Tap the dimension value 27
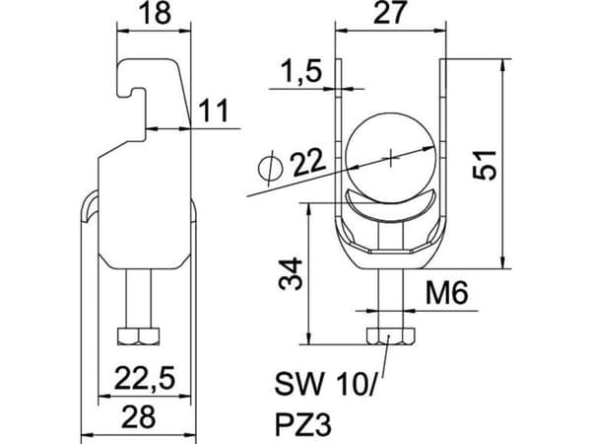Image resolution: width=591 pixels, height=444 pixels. pyautogui.click(x=390, y=12)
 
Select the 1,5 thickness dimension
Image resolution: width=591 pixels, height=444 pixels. pyautogui.click(x=301, y=71)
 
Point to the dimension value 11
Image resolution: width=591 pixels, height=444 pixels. pyautogui.click(x=214, y=111)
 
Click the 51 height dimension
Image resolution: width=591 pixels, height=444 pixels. pyautogui.click(x=485, y=164)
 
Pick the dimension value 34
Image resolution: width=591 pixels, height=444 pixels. pyautogui.click(x=291, y=273)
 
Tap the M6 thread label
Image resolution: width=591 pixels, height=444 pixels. pyautogui.click(x=447, y=293)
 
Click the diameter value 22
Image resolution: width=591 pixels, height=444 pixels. pyautogui.click(x=307, y=163)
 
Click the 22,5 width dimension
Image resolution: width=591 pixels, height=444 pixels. pyautogui.click(x=145, y=379)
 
